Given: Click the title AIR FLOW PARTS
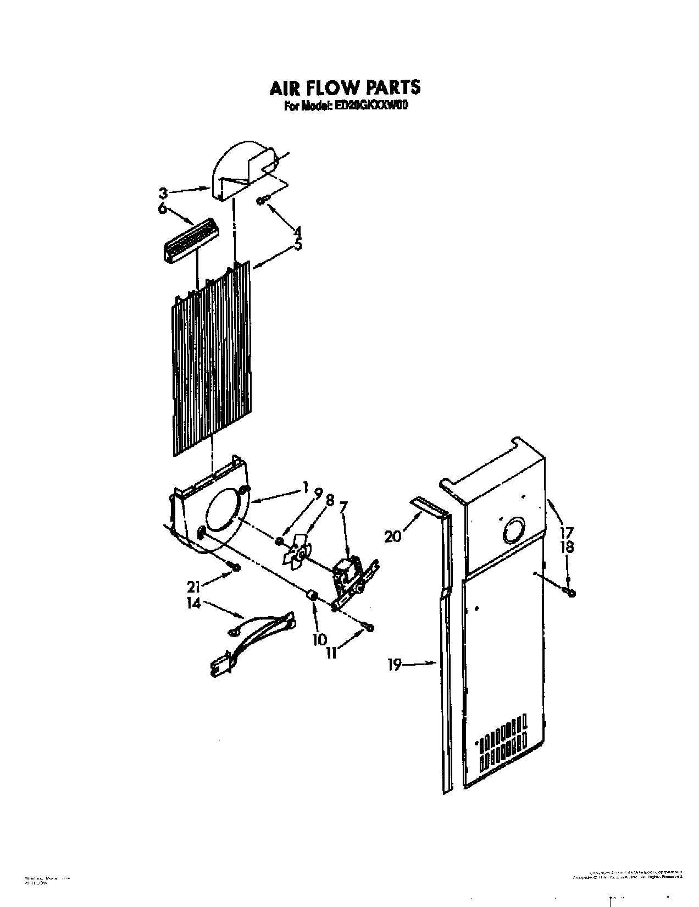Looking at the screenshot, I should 345,89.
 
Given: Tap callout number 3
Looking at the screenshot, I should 163,193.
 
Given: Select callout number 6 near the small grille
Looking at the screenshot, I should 162,209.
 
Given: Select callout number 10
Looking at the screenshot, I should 319,639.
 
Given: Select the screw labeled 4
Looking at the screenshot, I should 262,201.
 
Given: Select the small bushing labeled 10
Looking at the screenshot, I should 311,596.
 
